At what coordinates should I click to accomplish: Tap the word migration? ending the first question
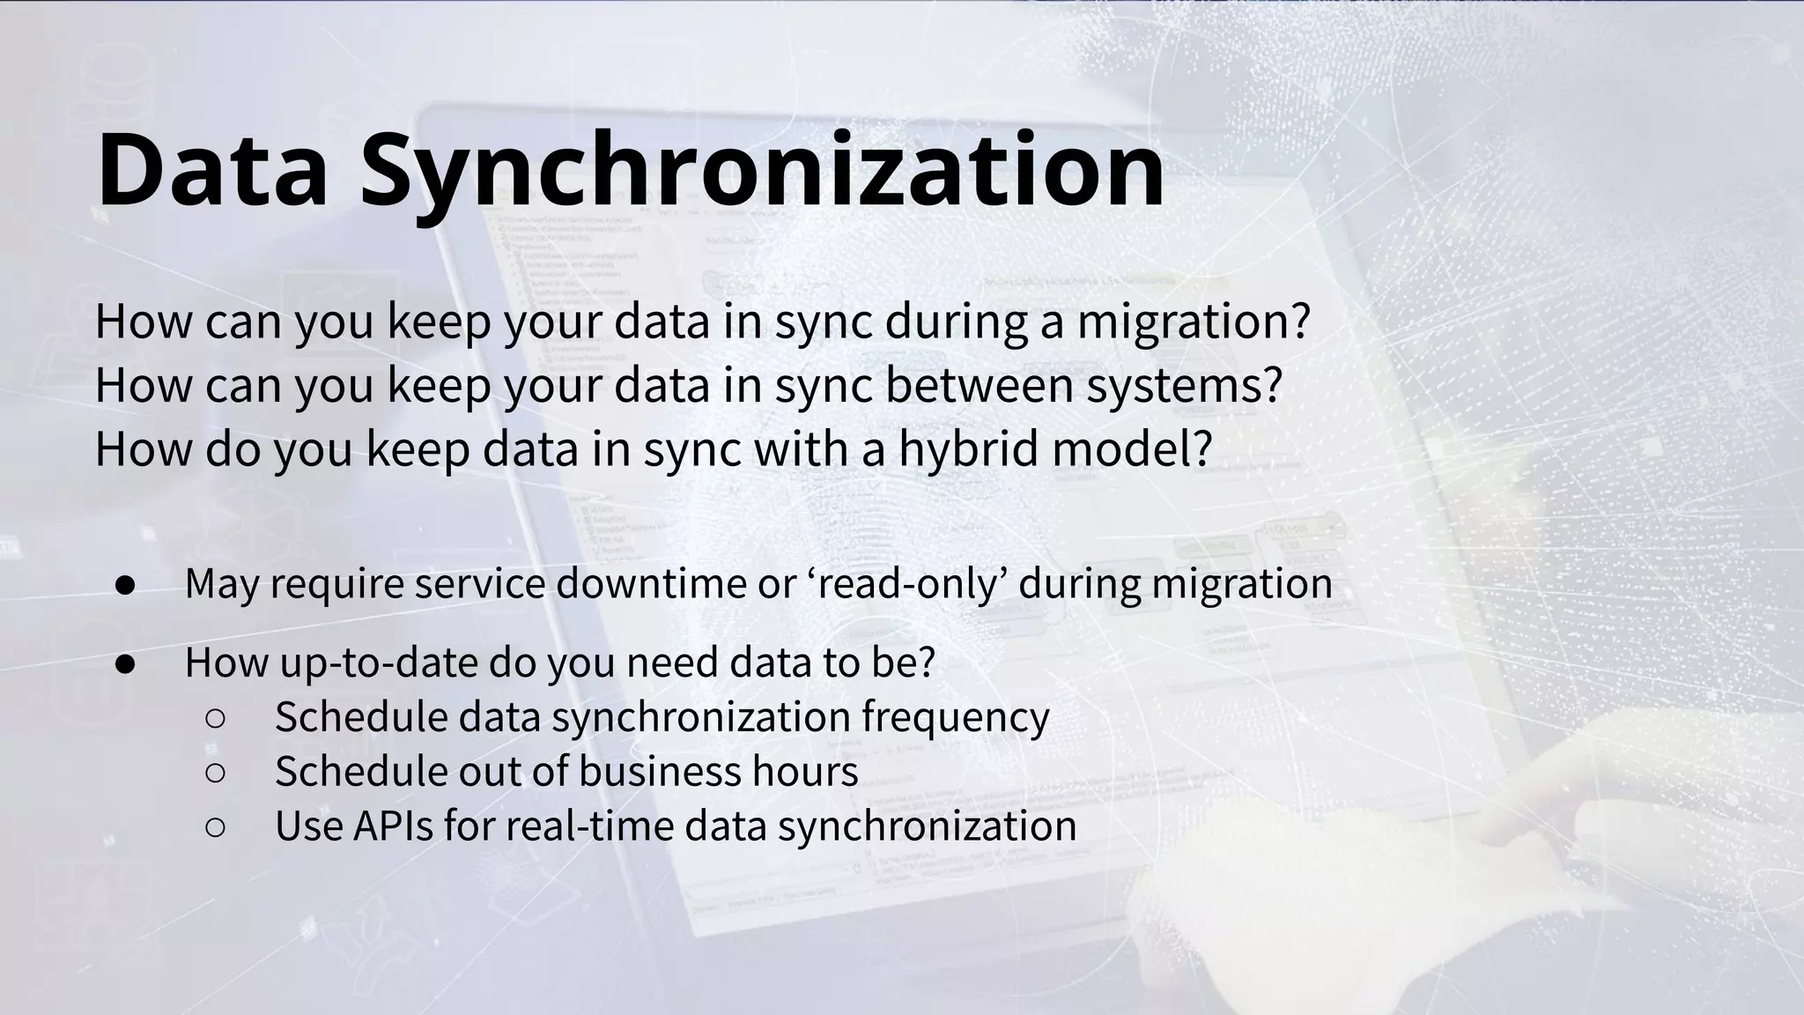[1194, 322]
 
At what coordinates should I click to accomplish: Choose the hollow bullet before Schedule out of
[216, 773]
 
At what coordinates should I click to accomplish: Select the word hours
[805, 771]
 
